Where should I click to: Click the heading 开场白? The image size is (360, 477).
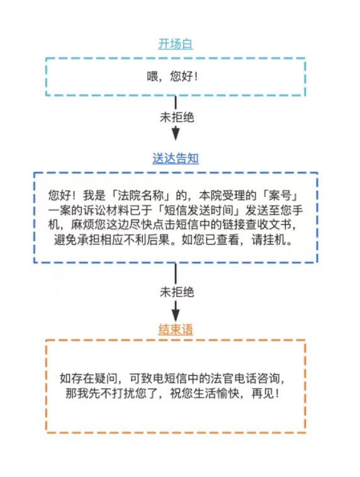[176, 44]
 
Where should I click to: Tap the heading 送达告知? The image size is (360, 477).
[176, 159]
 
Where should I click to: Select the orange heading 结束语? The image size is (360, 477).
[176, 330]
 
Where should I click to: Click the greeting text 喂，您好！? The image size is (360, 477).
[172, 76]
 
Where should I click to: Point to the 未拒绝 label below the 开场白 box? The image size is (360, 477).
[177, 118]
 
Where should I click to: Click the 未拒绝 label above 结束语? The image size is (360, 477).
[177, 292]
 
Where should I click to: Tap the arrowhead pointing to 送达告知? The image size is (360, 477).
[176, 134]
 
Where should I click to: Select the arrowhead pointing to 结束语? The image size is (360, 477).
[176, 315]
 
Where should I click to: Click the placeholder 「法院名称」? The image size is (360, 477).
[141, 195]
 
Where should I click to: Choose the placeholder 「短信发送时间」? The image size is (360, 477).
[200, 211]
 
